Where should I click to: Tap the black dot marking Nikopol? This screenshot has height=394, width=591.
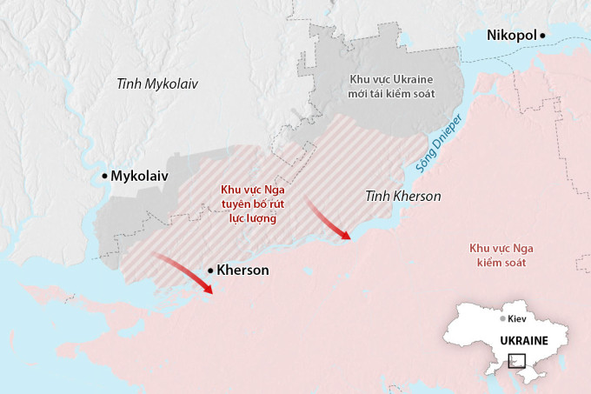[x=542, y=35]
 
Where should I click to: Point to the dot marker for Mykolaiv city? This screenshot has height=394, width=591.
[x=104, y=176]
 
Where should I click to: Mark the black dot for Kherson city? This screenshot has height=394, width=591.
[x=210, y=270]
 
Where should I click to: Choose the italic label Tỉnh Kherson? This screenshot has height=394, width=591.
[x=403, y=196]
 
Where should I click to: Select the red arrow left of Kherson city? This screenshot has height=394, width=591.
[x=183, y=273]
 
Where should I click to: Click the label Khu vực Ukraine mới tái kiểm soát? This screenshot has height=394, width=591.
[x=391, y=85]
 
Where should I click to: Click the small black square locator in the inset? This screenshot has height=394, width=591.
[x=516, y=360]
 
